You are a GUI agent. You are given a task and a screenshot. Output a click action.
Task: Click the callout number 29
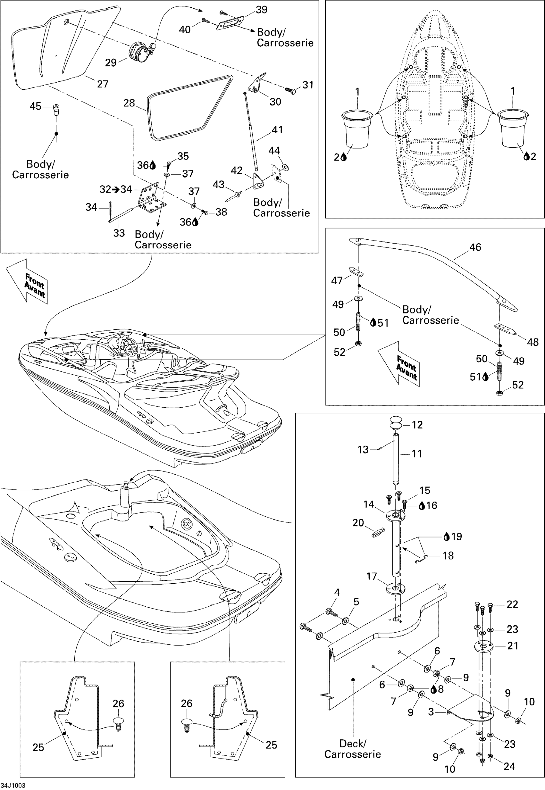click(x=111, y=62)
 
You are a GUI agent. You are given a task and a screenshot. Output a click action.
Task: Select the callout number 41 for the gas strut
click(x=277, y=130)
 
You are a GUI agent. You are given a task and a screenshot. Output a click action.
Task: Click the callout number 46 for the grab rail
click(x=475, y=247)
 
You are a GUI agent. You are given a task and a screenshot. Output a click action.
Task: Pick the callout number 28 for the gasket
click(x=129, y=103)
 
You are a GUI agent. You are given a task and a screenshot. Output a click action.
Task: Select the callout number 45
click(x=36, y=106)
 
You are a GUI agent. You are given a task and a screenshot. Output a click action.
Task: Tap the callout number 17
click(x=372, y=576)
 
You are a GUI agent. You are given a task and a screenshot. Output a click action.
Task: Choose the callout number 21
click(x=513, y=646)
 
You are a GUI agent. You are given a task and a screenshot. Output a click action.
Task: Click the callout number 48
click(x=533, y=342)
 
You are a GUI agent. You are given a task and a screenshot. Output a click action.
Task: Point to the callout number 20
click(x=358, y=523)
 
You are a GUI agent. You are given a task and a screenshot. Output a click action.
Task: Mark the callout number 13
click(x=363, y=450)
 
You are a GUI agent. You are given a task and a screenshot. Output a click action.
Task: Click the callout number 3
click(x=431, y=712)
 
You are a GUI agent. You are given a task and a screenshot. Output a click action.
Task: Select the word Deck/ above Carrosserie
click(x=353, y=744)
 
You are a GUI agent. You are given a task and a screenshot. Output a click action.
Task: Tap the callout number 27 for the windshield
click(x=103, y=84)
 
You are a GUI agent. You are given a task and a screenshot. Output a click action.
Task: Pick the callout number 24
click(x=509, y=766)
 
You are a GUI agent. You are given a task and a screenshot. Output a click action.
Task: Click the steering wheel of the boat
click(x=130, y=346)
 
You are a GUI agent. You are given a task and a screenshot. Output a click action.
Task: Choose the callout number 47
click(x=337, y=281)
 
